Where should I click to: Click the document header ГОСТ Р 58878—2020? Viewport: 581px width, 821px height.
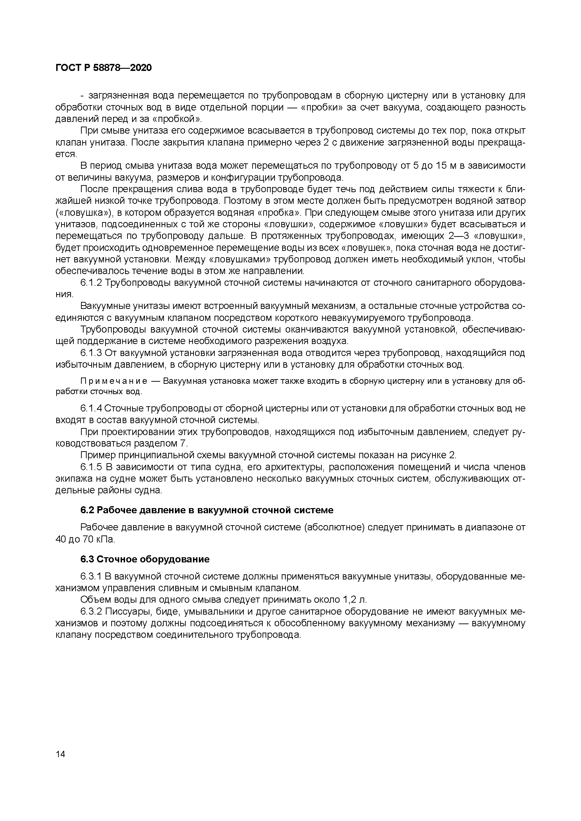[104, 68]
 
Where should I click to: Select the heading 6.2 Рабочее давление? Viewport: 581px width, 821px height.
[207, 510]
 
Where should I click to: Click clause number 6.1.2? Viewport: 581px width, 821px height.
[91, 283]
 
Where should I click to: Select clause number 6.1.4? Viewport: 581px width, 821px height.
[91, 408]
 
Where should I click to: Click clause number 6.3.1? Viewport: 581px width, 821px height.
[91, 576]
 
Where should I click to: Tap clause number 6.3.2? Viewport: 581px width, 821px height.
[91, 612]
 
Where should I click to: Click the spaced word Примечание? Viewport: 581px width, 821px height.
[114, 381]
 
